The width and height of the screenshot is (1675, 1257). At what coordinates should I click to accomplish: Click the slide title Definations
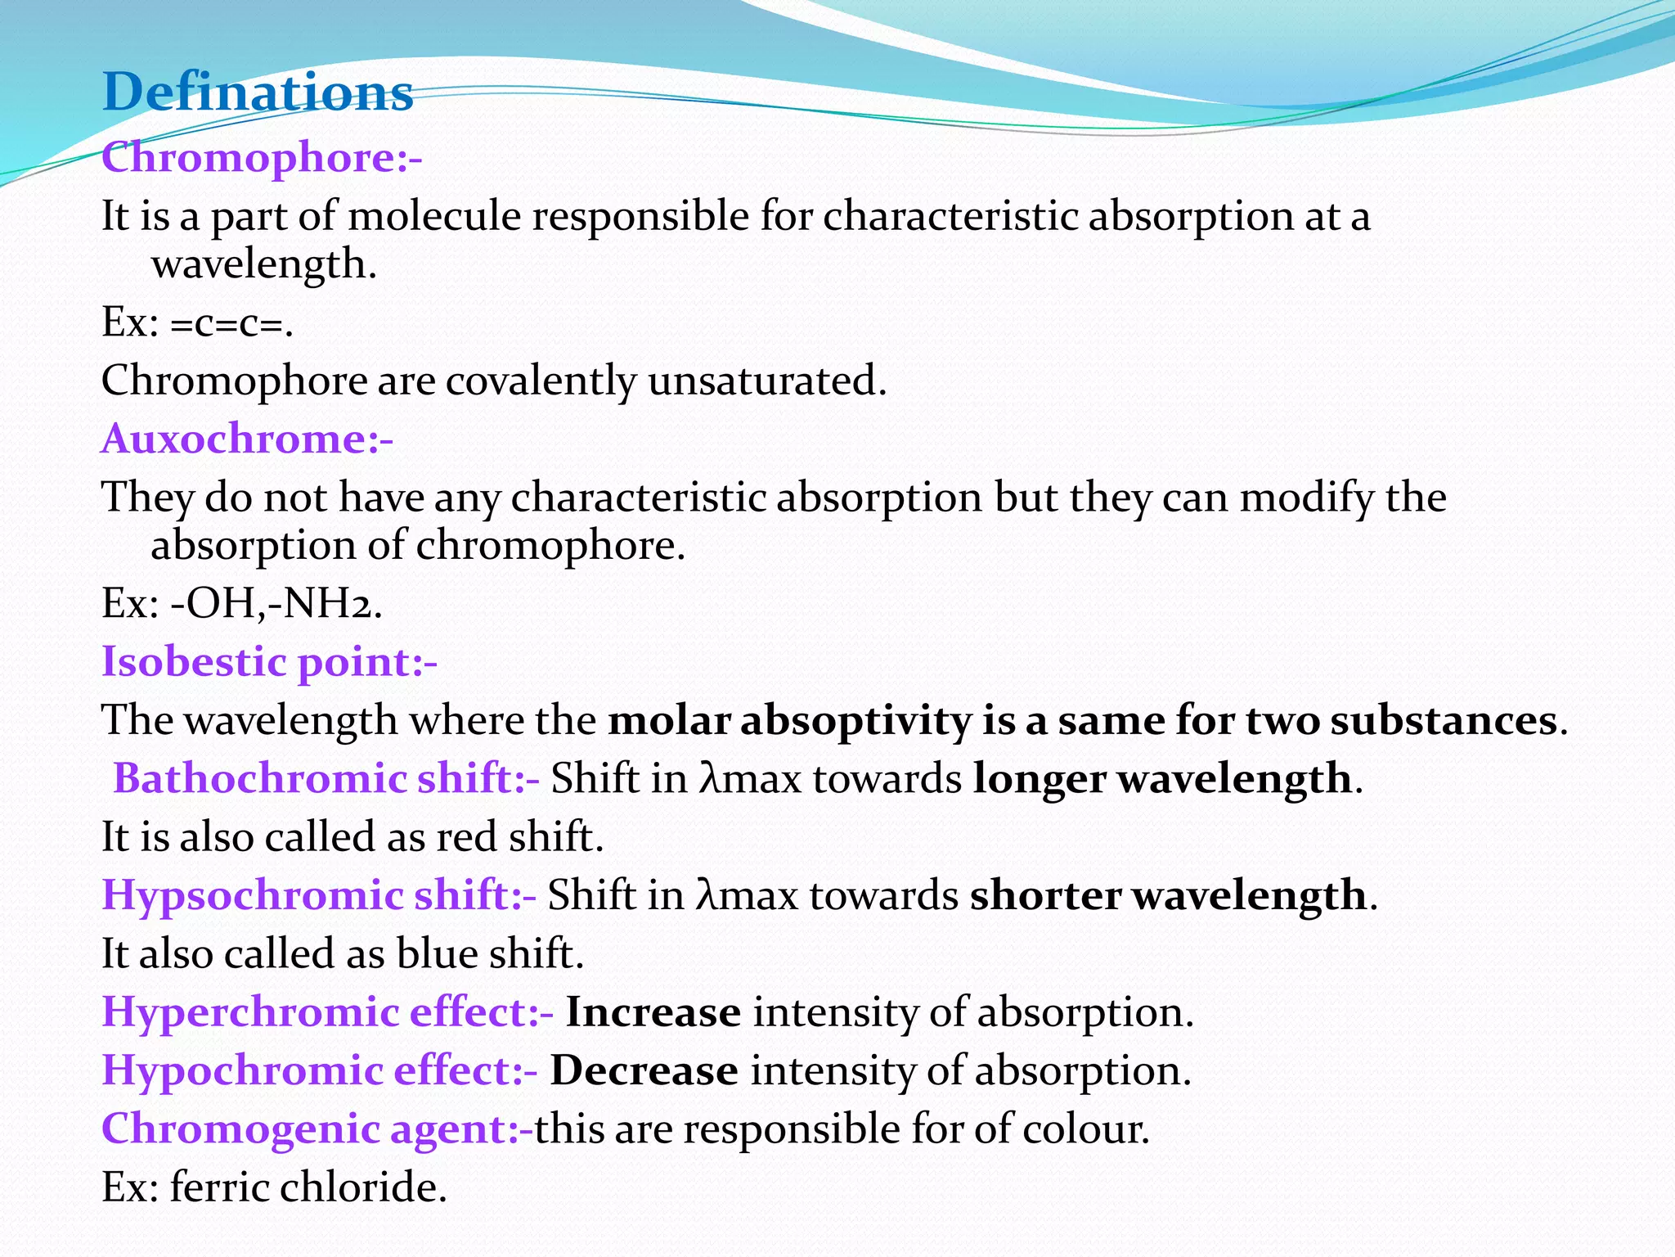point(258,92)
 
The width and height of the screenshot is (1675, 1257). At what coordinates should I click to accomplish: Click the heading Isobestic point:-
point(269,661)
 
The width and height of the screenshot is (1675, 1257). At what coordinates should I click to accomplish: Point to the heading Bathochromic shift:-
point(326,777)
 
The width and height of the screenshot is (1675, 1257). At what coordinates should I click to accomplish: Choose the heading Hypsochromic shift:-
point(319,894)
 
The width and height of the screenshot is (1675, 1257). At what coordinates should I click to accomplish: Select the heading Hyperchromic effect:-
point(327,1011)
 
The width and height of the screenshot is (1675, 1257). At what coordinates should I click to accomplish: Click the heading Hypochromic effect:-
point(320,1070)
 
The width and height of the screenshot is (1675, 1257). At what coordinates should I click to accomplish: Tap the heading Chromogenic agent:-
point(317,1129)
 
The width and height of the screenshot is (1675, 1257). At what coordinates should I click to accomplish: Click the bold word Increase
point(653,1012)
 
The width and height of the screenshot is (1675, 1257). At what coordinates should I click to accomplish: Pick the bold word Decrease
point(644,1071)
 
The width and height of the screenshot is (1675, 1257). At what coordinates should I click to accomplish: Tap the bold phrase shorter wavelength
point(1168,895)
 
